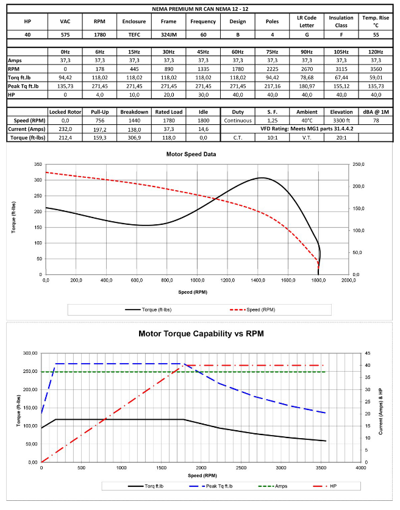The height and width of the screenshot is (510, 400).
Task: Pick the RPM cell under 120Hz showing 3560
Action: coord(375,69)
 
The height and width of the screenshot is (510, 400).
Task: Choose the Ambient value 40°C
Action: coord(307,121)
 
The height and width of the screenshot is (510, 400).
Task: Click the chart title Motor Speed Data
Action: coord(191,154)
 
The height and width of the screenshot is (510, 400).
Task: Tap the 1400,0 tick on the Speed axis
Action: coord(259,281)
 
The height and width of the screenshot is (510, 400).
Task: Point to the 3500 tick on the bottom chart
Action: coord(322,468)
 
